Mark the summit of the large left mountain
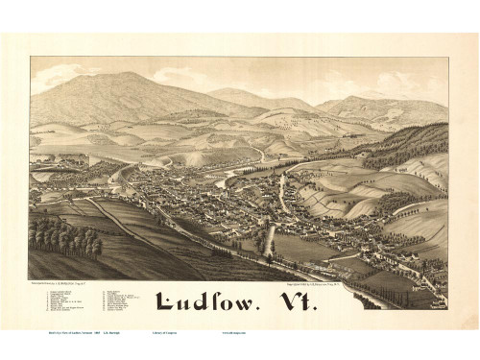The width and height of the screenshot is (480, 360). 122,74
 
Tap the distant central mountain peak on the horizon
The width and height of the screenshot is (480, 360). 234,91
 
